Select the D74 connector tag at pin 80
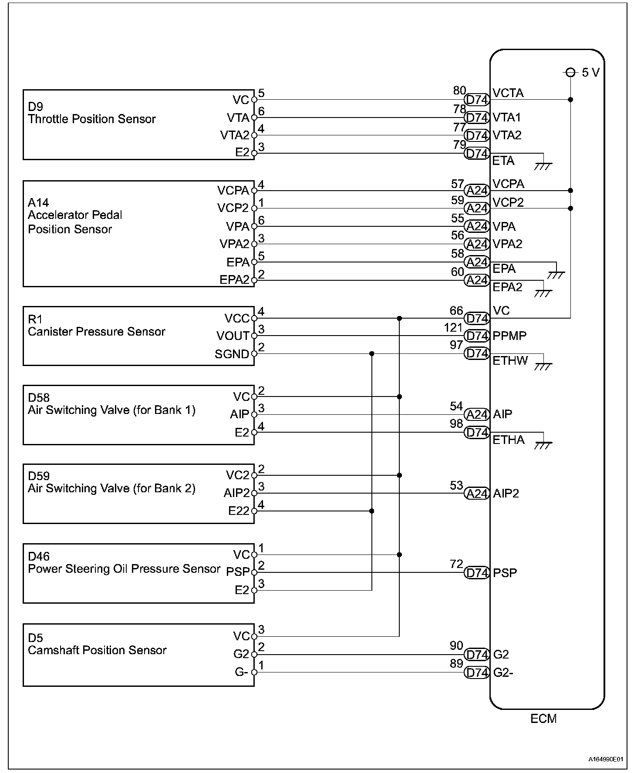pos(477,100)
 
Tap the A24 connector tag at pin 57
pos(477,191)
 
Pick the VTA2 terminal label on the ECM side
pos(507,135)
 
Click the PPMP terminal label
pos(509,336)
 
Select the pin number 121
pos(453,328)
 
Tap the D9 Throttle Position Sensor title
pos(91,113)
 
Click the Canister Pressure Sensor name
pos(96,332)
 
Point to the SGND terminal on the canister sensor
pos(232,354)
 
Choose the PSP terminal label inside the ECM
pos(505,572)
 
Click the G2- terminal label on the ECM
pos(503,672)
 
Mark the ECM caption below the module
pos(543,719)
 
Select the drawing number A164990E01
pos(609,759)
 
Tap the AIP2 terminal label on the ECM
pos(506,493)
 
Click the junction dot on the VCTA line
pos(570,100)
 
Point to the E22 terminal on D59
pos(239,511)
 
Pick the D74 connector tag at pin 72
pos(477,573)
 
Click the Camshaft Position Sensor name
pos(97,650)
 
